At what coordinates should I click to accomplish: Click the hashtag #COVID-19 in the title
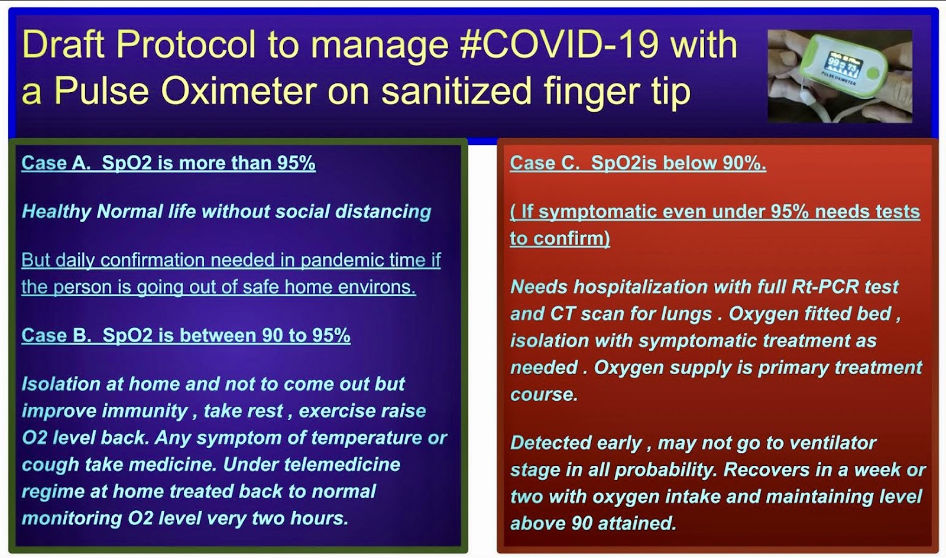coord(559,44)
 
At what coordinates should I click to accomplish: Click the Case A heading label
coord(56,163)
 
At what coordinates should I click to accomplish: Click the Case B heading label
coord(56,335)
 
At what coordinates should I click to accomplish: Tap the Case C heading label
coord(545,163)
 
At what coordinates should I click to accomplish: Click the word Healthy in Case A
coord(56,212)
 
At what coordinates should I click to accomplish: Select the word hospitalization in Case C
coord(640,287)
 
